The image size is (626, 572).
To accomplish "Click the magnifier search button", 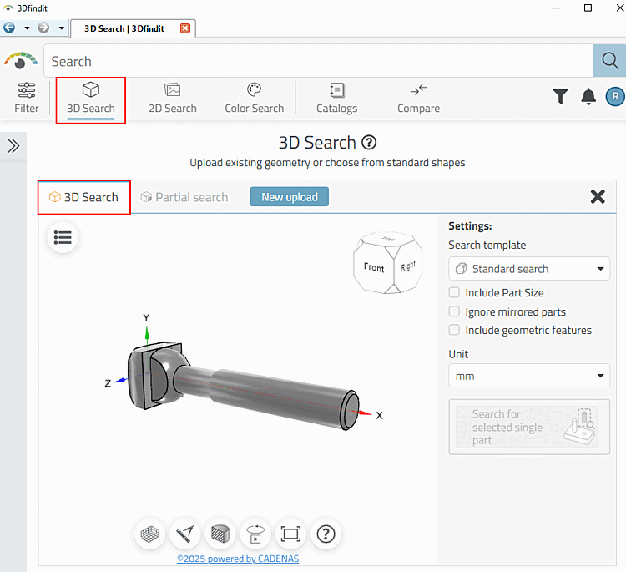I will coord(609,61).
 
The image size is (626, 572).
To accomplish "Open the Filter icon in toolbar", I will coord(27,98).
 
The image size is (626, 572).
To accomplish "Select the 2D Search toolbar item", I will coord(173,98).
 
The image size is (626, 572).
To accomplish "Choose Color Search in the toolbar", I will coord(255,98).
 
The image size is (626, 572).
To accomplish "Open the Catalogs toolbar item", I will coord(336,98).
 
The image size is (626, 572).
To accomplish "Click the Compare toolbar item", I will coord(418,98).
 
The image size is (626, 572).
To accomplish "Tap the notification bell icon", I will coord(588,97).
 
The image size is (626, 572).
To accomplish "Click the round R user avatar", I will coord(614,97).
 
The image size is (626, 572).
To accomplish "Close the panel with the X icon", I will coord(598,197).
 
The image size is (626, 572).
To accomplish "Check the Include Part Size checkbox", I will coord(455,293).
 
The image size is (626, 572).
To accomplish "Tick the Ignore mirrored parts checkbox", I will coord(455,311).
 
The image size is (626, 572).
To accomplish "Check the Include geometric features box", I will coord(455,330).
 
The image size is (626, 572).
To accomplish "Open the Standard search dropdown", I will coord(529,269).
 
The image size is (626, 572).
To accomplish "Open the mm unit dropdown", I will coord(529,376).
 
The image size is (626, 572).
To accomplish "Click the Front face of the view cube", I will coord(374,268).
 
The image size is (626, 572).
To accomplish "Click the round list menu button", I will coord(63,238).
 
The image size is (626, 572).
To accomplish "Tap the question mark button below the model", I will coord(326,534).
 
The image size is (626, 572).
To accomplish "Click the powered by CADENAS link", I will coord(238,559).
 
